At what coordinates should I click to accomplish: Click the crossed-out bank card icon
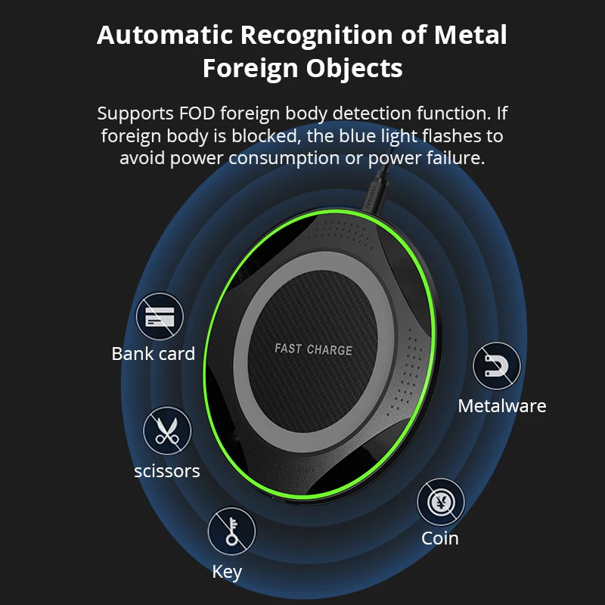(x=160, y=316)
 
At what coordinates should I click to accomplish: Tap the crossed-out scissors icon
(x=167, y=431)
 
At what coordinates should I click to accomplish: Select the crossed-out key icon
(x=231, y=531)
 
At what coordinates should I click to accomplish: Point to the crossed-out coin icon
(x=441, y=501)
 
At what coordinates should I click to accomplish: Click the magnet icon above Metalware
(x=497, y=366)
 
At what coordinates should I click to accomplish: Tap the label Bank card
(x=154, y=353)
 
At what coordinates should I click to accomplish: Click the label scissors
(x=167, y=471)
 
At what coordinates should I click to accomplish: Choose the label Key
(x=227, y=572)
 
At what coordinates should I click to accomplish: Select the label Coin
(x=440, y=538)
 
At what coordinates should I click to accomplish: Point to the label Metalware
(x=501, y=406)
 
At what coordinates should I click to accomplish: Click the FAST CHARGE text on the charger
(x=313, y=349)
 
